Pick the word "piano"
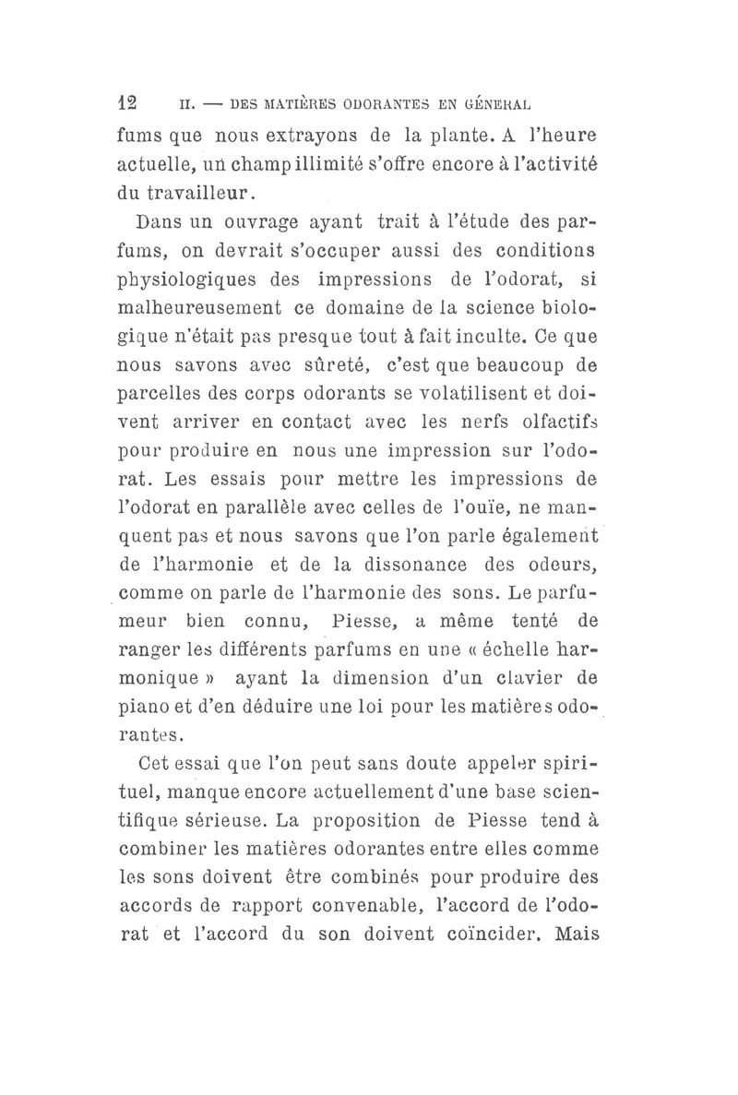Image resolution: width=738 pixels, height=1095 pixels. [x=148, y=709]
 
